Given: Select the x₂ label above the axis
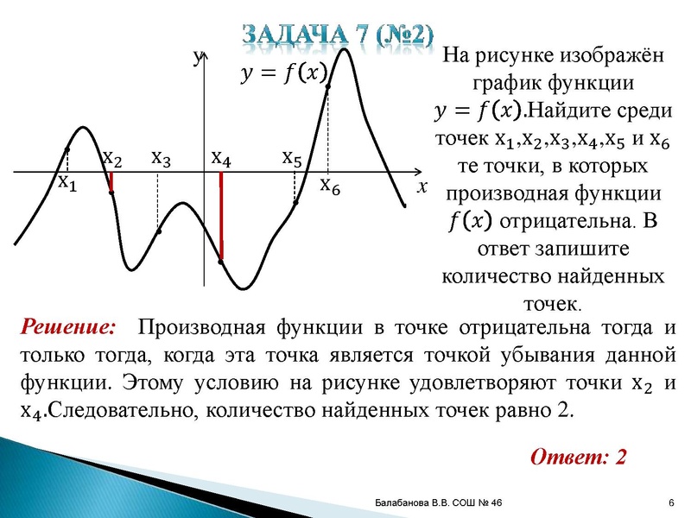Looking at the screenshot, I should point(112,158).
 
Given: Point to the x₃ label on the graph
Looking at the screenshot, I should point(161,158).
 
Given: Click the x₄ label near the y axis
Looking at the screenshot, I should point(221,158).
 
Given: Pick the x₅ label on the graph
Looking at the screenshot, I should point(292,158).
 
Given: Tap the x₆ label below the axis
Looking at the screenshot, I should point(330,184).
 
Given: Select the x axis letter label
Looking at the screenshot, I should point(422,186).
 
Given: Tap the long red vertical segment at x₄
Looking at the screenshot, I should point(221,216).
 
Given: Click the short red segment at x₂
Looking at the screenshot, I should point(111,182).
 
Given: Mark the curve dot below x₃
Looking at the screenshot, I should point(159,231).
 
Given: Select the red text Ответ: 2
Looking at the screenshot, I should point(578,456).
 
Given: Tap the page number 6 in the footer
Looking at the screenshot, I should point(671,503).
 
